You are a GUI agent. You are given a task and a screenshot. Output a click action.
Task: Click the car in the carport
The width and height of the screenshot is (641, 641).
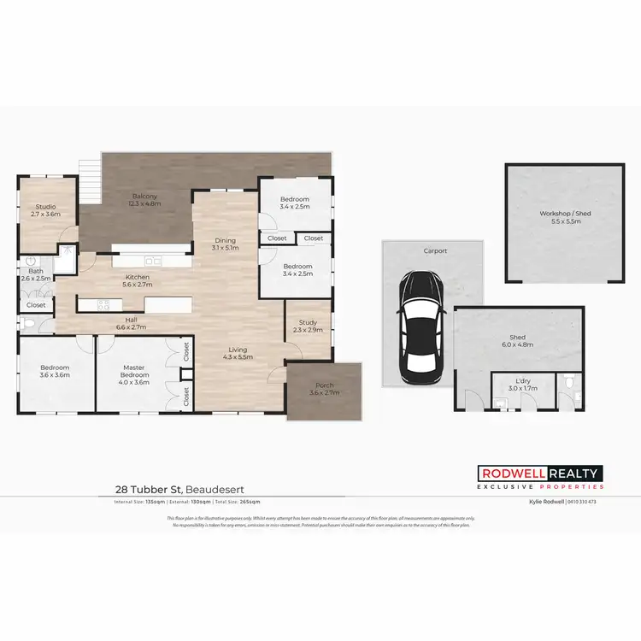pos(419,321)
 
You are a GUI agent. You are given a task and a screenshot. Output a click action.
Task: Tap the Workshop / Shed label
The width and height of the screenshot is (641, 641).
pos(560,217)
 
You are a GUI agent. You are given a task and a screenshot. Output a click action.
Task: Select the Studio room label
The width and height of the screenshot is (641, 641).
pos(46,210)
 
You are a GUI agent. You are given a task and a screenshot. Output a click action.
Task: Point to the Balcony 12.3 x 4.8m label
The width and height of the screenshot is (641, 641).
pos(144,201)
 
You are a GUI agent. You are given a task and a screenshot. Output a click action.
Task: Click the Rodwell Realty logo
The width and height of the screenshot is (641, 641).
pos(539,478)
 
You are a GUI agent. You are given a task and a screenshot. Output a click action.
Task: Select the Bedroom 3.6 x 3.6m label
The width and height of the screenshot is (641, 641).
pos(53,373)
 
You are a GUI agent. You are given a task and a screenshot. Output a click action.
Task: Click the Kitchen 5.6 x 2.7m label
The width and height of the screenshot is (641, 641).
pos(138,281)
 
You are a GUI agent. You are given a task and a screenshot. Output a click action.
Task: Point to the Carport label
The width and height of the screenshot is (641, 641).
pos(434,251)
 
